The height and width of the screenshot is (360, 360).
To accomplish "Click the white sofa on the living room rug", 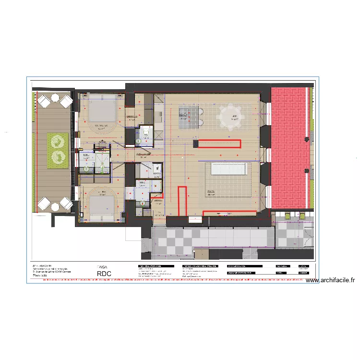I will click(x=229, y=170).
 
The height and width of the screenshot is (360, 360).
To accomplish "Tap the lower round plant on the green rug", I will click(x=57, y=156).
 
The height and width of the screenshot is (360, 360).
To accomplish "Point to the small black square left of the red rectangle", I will click(x=195, y=143).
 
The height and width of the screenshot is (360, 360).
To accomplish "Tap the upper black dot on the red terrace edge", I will click(x=306, y=139).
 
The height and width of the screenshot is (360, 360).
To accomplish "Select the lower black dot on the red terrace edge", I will click(x=306, y=171).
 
